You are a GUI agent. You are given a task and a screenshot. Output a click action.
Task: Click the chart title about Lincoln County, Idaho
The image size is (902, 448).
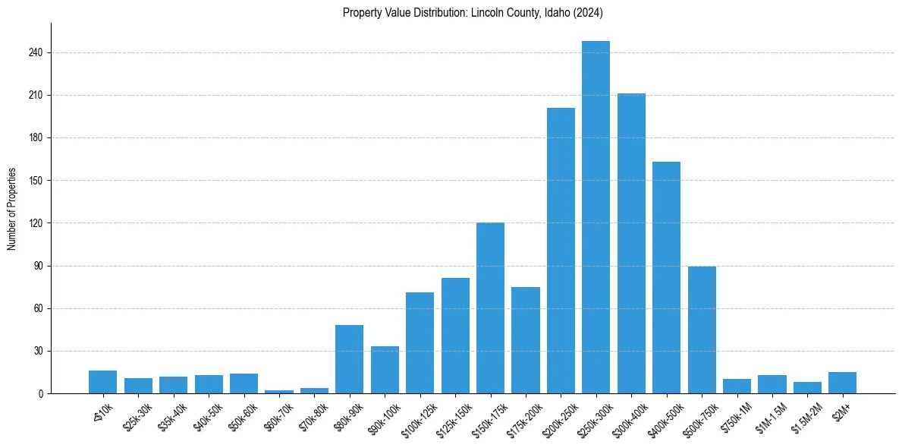pyautogui.click(x=473, y=12)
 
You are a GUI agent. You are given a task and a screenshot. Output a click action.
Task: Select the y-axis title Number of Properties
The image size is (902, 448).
pyautogui.click(x=12, y=209)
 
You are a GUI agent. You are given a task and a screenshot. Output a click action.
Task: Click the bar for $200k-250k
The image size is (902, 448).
pyautogui.click(x=561, y=251)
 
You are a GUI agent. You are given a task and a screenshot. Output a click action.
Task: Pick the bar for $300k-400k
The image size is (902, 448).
pyautogui.click(x=631, y=243)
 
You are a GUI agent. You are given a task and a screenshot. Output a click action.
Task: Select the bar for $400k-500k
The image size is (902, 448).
pyautogui.click(x=666, y=277)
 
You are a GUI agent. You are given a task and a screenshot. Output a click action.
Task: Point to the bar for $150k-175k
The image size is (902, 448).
pyautogui.click(x=490, y=308)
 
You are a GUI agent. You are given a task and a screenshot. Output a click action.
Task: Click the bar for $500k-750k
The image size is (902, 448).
pyautogui.click(x=702, y=330)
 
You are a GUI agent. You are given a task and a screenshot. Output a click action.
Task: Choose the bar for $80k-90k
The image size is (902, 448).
pyautogui.click(x=349, y=359)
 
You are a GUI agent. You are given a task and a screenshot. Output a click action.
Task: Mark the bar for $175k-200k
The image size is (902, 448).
pyautogui.click(x=525, y=340)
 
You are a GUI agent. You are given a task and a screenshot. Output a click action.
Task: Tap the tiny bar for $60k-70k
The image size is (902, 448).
pyautogui.click(x=279, y=392)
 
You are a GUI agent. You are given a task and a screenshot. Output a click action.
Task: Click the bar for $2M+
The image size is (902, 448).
pyautogui.click(x=842, y=383)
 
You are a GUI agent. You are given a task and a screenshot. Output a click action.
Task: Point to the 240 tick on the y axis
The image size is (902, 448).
pyautogui.click(x=39, y=53)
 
